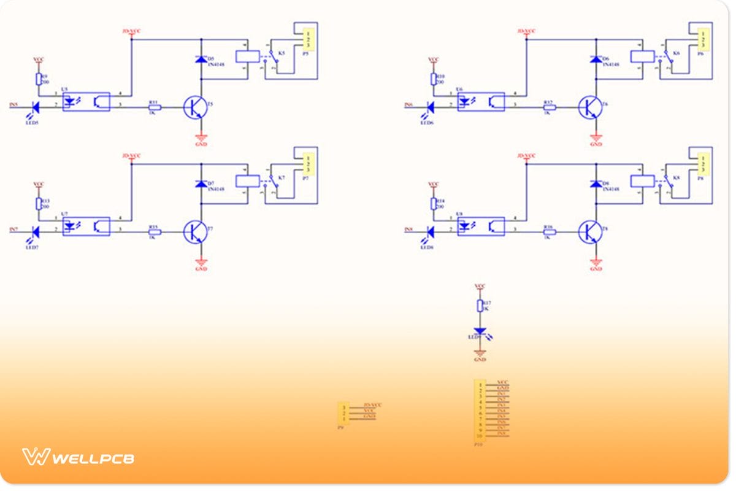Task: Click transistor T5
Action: point(195,107)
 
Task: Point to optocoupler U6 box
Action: point(481,101)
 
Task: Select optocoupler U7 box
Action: point(86,226)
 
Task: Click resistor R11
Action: point(155,107)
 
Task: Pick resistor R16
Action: point(549,231)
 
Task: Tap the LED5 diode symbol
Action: point(34,107)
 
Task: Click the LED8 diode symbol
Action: point(429,231)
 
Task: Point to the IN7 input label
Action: point(14,230)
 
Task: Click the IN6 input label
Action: point(408,106)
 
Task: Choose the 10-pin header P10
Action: point(479,410)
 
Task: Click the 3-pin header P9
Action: point(343,412)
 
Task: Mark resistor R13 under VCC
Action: point(38,203)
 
